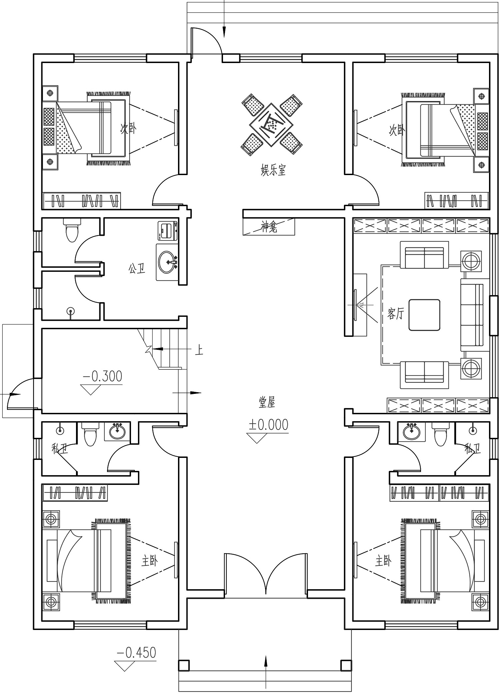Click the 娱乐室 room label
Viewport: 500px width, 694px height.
[x=273, y=170]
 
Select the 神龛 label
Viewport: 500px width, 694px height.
[x=269, y=227]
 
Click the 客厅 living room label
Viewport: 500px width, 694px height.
[x=396, y=313]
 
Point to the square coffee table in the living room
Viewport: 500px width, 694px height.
[x=424, y=315]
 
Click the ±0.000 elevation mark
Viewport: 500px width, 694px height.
[x=268, y=425]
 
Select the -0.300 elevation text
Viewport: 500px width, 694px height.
[x=102, y=376]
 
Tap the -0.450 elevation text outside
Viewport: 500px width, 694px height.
[x=136, y=653]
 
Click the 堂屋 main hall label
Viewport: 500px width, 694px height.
[x=267, y=402]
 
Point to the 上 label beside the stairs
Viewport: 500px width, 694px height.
[x=199, y=350]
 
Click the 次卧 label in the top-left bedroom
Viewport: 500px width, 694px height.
[x=129, y=129]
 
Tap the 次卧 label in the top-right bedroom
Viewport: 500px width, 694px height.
[x=397, y=130]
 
